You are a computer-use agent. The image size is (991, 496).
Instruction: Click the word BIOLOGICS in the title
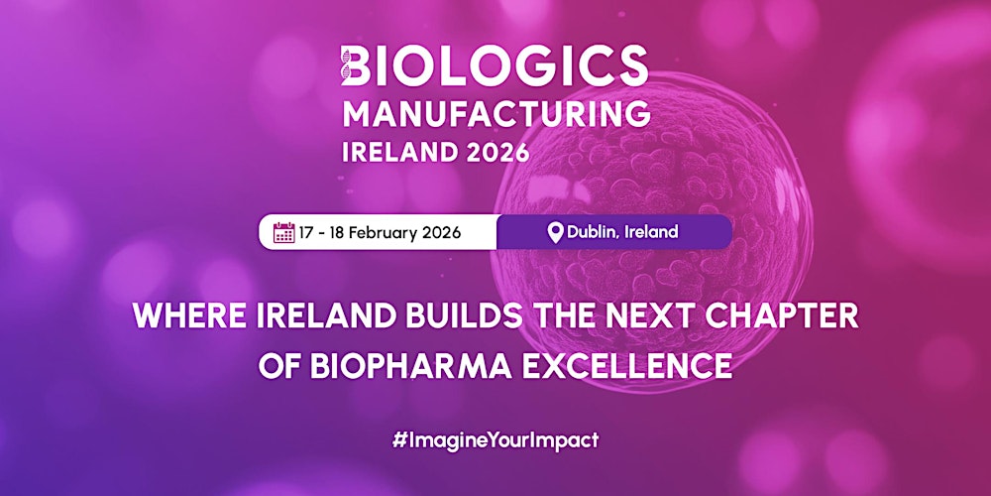pyautogui.click(x=501, y=67)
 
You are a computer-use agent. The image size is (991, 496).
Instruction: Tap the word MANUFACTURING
pyautogui.click(x=495, y=114)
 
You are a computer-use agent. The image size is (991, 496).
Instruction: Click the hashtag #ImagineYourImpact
pyautogui.click(x=495, y=439)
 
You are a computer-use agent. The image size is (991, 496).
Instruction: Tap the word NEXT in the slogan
pyautogui.click(x=631, y=316)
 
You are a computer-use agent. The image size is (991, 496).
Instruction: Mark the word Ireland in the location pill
pyautogui.click(x=652, y=232)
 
